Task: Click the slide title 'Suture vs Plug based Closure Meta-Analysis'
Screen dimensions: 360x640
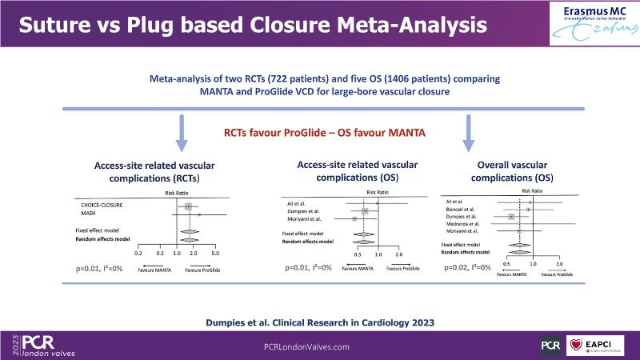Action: [x=253, y=26]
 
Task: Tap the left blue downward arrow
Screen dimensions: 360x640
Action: [x=182, y=133]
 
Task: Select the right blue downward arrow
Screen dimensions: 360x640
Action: [x=468, y=133]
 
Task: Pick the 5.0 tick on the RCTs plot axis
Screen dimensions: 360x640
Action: [x=216, y=253]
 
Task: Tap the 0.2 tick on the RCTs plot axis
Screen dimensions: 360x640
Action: [x=138, y=253]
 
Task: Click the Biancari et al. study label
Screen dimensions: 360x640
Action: [x=460, y=209]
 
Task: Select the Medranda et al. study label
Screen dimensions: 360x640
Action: [x=462, y=224]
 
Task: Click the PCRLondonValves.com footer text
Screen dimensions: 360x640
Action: [x=307, y=346]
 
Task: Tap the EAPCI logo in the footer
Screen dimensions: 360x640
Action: [x=596, y=345]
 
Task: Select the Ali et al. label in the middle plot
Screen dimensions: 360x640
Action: [x=297, y=203]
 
